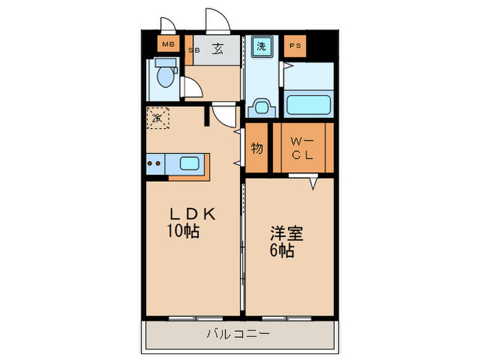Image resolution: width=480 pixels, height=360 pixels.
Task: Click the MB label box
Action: point(168,46)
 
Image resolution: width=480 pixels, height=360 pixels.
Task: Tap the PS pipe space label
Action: point(295,46)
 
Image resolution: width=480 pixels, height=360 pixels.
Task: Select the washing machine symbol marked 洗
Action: point(261,47)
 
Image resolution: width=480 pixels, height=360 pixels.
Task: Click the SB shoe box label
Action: point(195,50)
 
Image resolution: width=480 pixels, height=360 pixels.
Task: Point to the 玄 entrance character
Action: point(217,49)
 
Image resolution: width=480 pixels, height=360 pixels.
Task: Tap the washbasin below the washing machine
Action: point(261,107)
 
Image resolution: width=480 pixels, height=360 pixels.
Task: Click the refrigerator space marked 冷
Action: point(157,118)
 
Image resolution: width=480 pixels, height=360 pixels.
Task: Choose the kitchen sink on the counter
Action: point(189,163)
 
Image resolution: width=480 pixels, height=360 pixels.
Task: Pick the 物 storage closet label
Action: point(257,147)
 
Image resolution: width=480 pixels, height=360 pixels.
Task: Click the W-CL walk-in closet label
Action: point(302,147)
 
